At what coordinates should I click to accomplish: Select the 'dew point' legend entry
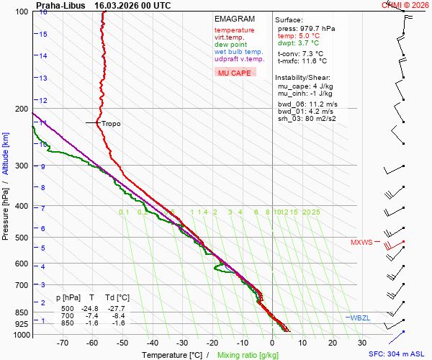pos(230,45)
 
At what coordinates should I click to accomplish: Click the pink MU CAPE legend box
pos(235,72)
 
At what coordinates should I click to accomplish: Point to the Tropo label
pos(111,124)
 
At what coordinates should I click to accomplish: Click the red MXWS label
pos(361,243)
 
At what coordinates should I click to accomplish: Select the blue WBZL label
pos(359,318)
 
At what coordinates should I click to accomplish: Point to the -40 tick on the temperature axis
pos(152,344)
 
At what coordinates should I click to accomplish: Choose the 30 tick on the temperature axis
pos(361,344)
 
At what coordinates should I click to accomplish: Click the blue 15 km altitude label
pos(43,34)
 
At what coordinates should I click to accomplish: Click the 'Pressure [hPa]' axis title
pos(6,209)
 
